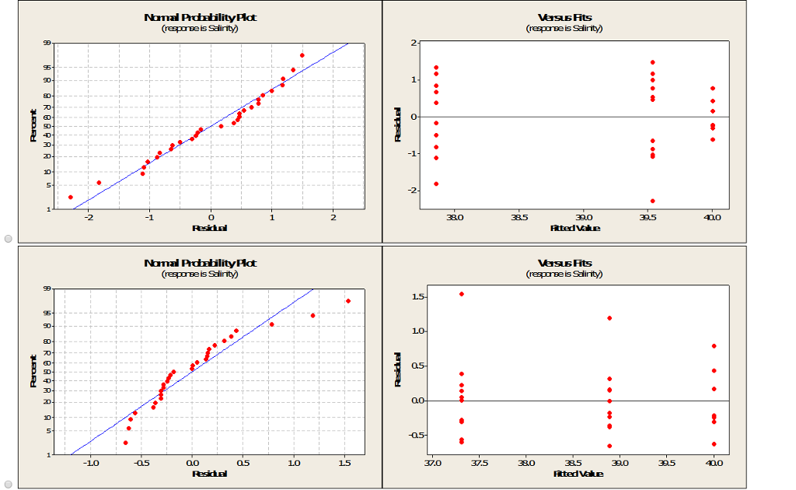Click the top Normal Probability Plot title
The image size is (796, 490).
point(200,17)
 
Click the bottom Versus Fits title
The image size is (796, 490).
point(564,263)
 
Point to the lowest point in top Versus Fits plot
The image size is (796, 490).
point(652,201)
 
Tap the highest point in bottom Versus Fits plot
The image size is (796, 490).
point(462,294)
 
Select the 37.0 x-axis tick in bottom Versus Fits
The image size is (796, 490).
point(433,464)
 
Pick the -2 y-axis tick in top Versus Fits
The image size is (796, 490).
point(414,190)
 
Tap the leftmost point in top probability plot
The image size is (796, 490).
point(71,197)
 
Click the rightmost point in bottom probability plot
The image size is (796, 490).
point(348,301)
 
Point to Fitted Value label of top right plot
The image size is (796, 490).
point(574,228)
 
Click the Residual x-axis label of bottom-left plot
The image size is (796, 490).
point(210,474)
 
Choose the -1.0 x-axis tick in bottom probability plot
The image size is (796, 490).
point(91,464)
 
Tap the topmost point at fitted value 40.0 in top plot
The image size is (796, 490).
point(712,89)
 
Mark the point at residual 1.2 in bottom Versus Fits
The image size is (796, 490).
point(609,318)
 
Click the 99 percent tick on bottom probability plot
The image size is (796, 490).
point(47,289)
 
